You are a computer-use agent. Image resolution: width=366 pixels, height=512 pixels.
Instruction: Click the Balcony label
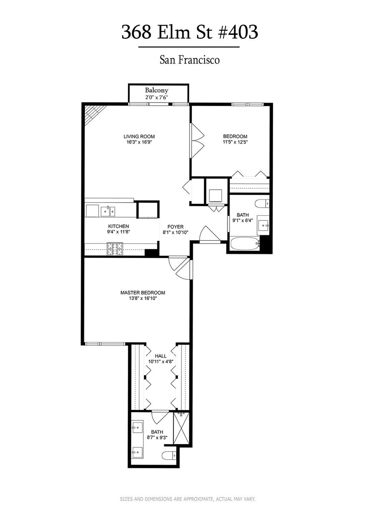pyautogui.click(x=157, y=90)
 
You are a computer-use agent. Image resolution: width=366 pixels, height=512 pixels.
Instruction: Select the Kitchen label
pyautogui.click(x=119, y=226)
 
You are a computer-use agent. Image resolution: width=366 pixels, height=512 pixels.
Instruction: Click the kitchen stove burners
pyautogui.click(x=115, y=248)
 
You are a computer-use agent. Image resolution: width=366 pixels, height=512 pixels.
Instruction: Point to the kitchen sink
pyautogui.click(x=108, y=211)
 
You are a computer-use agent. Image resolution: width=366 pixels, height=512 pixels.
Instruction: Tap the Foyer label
pyautogui.click(x=175, y=227)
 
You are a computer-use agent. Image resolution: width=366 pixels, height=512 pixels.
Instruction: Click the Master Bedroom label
pyautogui.click(x=143, y=293)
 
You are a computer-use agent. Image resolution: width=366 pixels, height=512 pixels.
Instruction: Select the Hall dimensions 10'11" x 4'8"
pyautogui.click(x=161, y=361)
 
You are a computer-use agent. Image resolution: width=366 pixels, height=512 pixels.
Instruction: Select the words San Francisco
pyautogui.click(x=190, y=60)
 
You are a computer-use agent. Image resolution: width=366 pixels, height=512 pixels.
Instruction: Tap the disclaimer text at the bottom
pyautogui.click(x=188, y=499)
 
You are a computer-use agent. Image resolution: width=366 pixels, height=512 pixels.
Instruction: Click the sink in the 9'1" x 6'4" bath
pyautogui.click(x=263, y=225)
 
